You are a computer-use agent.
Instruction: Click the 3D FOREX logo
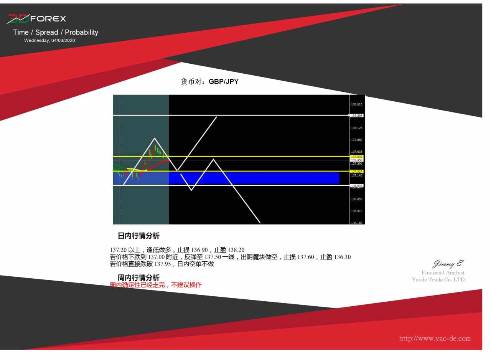click(36, 19)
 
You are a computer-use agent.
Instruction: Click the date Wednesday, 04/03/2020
click(49, 41)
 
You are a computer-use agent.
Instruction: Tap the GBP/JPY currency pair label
click(223, 82)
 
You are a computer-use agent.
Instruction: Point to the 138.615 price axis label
click(357, 104)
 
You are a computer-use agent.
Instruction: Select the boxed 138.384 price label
click(357, 116)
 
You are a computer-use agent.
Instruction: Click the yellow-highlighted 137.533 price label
click(357, 157)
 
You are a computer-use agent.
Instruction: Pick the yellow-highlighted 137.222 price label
click(357, 172)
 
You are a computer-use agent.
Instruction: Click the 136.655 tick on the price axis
click(357, 199)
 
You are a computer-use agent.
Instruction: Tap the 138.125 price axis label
click(357, 128)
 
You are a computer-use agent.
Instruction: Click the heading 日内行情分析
click(138, 236)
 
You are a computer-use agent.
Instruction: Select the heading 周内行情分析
click(138, 278)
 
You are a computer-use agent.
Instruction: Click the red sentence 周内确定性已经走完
click(137, 285)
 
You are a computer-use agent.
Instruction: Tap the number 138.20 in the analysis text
click(236, 250)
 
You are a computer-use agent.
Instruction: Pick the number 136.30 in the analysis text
click(343, 257)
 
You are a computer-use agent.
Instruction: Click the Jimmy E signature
click(448, 264)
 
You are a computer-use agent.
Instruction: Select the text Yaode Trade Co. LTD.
click(439, 280)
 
